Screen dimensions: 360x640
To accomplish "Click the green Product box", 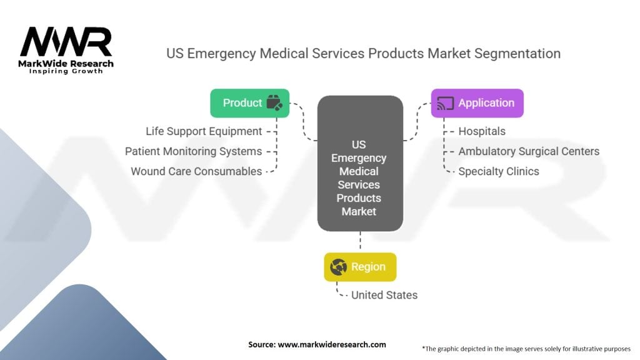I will [x=250, y=103].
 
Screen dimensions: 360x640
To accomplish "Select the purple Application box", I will [x=477, y=103].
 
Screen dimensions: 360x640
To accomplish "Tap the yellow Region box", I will [x=360, y=267].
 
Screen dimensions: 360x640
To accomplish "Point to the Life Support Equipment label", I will [x=204, y=131].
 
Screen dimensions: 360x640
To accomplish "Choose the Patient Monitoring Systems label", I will [x=193, y=151].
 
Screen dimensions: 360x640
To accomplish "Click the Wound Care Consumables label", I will [x=196, y=171].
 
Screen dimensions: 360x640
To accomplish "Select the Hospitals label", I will [x=482, y=131].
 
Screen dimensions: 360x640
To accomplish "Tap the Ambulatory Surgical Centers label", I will [x=529, y=151].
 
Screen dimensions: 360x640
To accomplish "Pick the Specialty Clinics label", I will [x=498, y=171].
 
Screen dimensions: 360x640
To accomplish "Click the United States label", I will [x=384, y=295].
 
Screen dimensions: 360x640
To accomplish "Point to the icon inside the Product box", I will [x=274, y=103].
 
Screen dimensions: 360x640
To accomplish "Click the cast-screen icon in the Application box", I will [x=445, y=103].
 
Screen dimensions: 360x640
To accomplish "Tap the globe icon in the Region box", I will [x=339, y=267].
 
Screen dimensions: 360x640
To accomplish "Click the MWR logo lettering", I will [x=66, y=41].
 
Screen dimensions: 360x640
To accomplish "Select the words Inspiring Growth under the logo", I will [x=66, y=72].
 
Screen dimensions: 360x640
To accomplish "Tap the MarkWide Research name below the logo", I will [x=66, y=63].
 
